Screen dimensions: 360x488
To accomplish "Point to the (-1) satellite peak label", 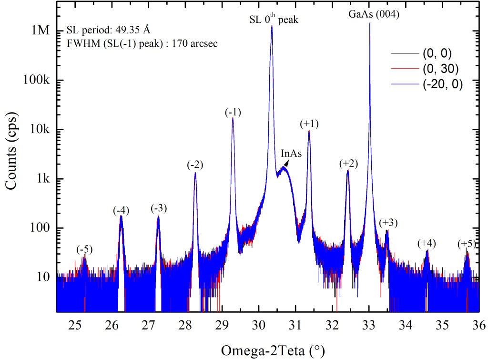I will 233,113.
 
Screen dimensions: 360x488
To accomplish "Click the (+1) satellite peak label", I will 309,124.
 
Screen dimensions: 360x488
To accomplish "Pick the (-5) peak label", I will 85,249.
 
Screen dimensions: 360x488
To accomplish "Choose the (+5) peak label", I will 466,244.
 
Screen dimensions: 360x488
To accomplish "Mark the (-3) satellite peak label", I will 159,208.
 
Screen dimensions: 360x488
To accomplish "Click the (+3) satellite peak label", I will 388,223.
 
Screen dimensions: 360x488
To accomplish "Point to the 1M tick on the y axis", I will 40,31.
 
